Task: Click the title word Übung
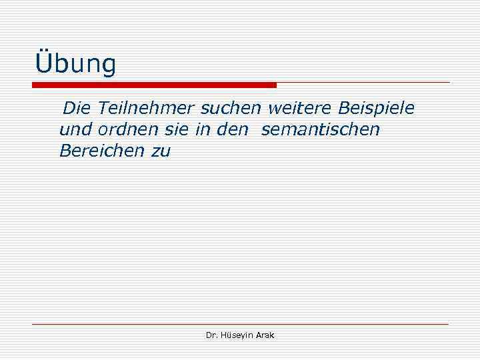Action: (x=75, y=64)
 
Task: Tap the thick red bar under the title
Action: (x=154, y=85)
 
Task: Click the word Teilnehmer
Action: (x=145, y=107)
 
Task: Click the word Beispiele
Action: (x=377, y=108)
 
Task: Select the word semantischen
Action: (x=321, y=129)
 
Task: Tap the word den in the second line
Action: (x=233, y=129)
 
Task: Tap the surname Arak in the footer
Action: (x=265, y=335)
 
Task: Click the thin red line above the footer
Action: (x=240, y=324)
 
